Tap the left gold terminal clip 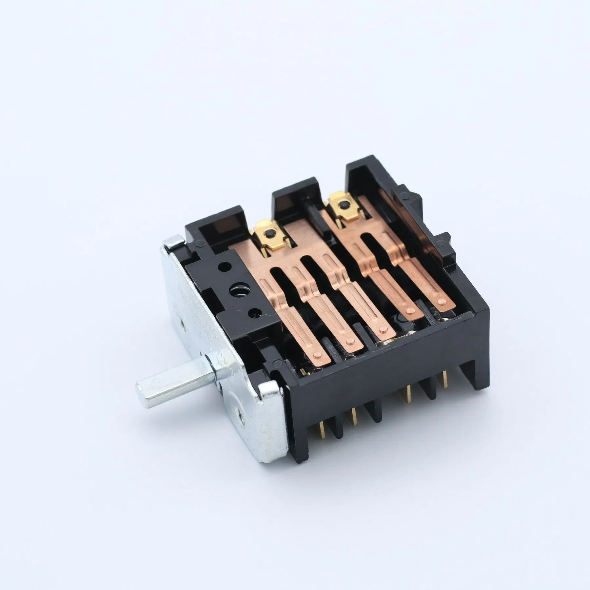click(x=266, y=230)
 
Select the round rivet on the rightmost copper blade click(x=443, y=300)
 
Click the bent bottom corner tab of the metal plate click(x=269, y=395)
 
